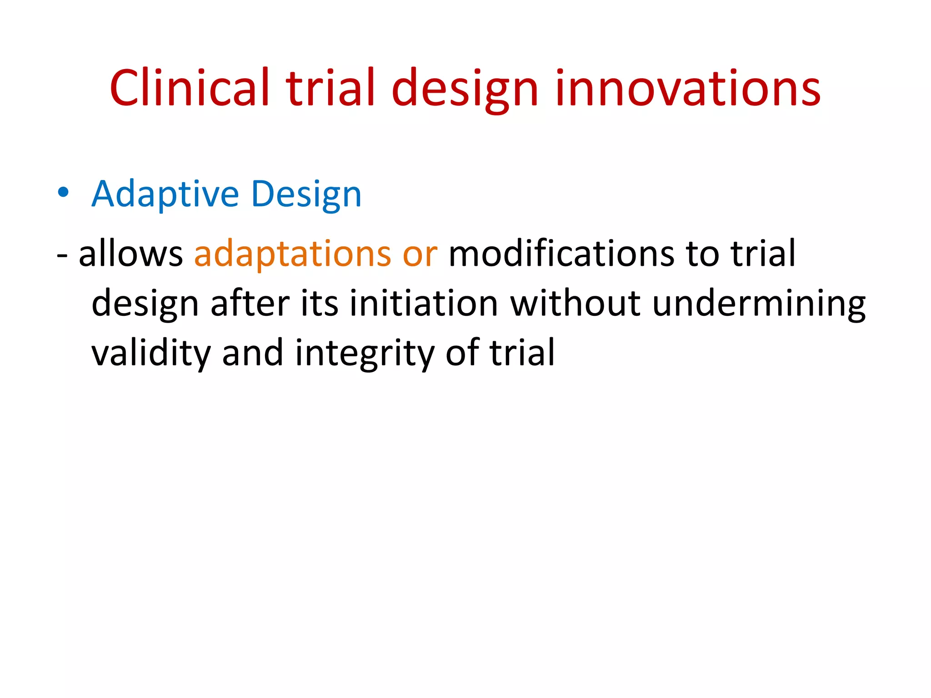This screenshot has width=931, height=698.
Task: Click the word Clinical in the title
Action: pos(190,87)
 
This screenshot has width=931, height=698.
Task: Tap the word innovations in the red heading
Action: pos(687,87)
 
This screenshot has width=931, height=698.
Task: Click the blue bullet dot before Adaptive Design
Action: pos(63,193)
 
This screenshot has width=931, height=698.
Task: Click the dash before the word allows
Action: pos(62,256)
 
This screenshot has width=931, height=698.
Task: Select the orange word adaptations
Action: pos(292,254)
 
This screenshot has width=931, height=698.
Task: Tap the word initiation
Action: pos(423,303)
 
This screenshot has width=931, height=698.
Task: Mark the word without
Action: pos(575,303)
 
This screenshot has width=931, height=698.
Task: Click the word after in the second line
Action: pos(250,303)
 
